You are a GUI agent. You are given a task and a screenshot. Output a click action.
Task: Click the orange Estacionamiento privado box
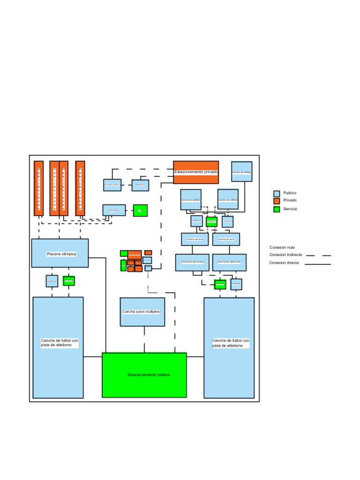click(195, 172)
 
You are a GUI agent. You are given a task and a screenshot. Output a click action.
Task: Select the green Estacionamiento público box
click(144, 375)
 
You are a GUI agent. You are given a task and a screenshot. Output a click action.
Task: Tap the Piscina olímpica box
click(60, 253)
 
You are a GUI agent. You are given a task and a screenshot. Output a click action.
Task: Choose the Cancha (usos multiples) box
click(142, 312)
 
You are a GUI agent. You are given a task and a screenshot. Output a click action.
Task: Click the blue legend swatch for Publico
click(277, 193)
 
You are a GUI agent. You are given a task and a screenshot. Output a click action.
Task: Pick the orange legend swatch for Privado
click(277, 201)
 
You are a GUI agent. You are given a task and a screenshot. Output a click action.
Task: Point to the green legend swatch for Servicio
click(277, 209)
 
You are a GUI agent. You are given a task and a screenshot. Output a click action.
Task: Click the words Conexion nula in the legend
click(282, 247)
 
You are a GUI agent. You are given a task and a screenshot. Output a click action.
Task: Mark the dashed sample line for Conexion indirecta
click(318, 255)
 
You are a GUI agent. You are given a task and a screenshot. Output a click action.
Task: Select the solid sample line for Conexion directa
click(318, 264)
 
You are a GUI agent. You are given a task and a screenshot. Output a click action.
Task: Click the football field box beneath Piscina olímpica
click(58, 347)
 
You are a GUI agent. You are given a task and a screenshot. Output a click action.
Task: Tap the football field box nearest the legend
click(229, 347)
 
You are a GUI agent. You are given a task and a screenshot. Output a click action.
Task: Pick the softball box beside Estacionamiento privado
click(241, 172)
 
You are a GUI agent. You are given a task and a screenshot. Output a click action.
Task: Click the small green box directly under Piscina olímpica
click(69, 281)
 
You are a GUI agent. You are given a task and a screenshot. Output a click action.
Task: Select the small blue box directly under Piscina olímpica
click(52, 281)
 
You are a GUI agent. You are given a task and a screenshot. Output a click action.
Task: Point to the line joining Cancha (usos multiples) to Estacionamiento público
click(144, 339)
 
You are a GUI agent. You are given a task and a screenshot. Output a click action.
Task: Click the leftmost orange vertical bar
click(38, 188)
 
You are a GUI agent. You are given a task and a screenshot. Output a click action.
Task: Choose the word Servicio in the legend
click(290, 209)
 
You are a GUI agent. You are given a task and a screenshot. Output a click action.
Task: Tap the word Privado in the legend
click(290, 201)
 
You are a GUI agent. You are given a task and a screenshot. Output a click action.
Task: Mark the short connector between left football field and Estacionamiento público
click(92, 357)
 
